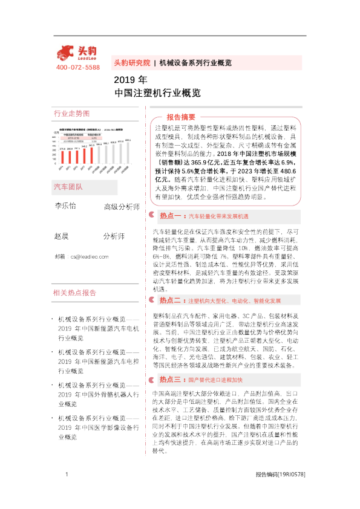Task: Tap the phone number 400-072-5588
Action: tap(77, 67)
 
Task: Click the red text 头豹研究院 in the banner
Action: tap(132, 62)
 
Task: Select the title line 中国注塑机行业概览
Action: tap(157, 94)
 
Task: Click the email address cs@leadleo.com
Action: tap(89, 257)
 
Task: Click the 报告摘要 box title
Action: tap(181, 117)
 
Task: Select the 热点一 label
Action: tap(172, 215)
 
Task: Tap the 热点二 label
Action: tap(172, 300)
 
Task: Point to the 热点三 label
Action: tap(172, 380)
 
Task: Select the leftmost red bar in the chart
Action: tap(63, 158)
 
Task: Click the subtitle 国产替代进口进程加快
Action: tap(215, 380)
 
